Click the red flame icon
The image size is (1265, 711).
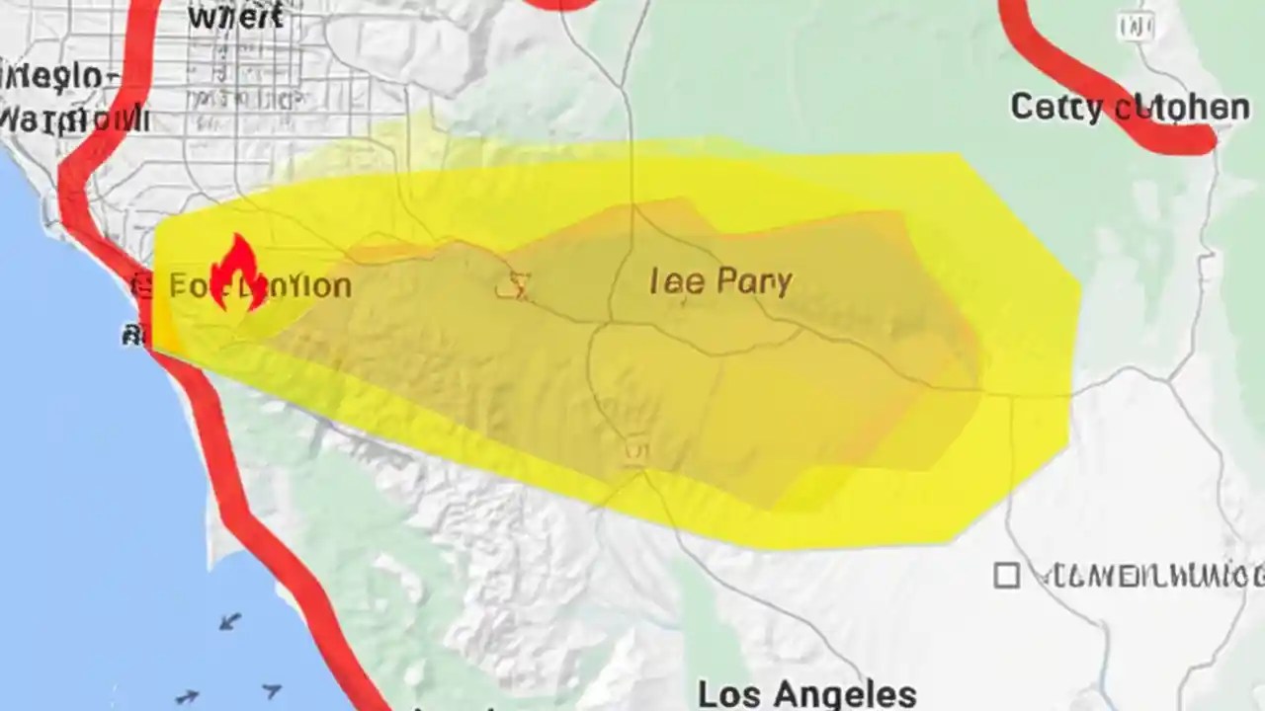[237, 276]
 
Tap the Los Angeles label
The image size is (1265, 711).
[806, 693]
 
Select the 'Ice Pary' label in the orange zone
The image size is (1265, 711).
[720, 281]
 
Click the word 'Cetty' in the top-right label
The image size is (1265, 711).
[1055, 107]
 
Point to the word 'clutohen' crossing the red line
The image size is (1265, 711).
[1182, 108]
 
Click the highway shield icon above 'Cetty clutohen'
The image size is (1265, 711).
[1136, 27]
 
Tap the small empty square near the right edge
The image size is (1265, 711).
[1006, 576]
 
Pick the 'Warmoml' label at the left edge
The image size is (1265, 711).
[74, 120]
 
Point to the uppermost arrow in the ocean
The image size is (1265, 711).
[230, 621]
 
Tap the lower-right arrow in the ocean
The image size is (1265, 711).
[271, 691]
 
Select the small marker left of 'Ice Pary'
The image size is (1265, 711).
[514, 287]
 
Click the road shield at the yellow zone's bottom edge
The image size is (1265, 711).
[635, 452]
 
